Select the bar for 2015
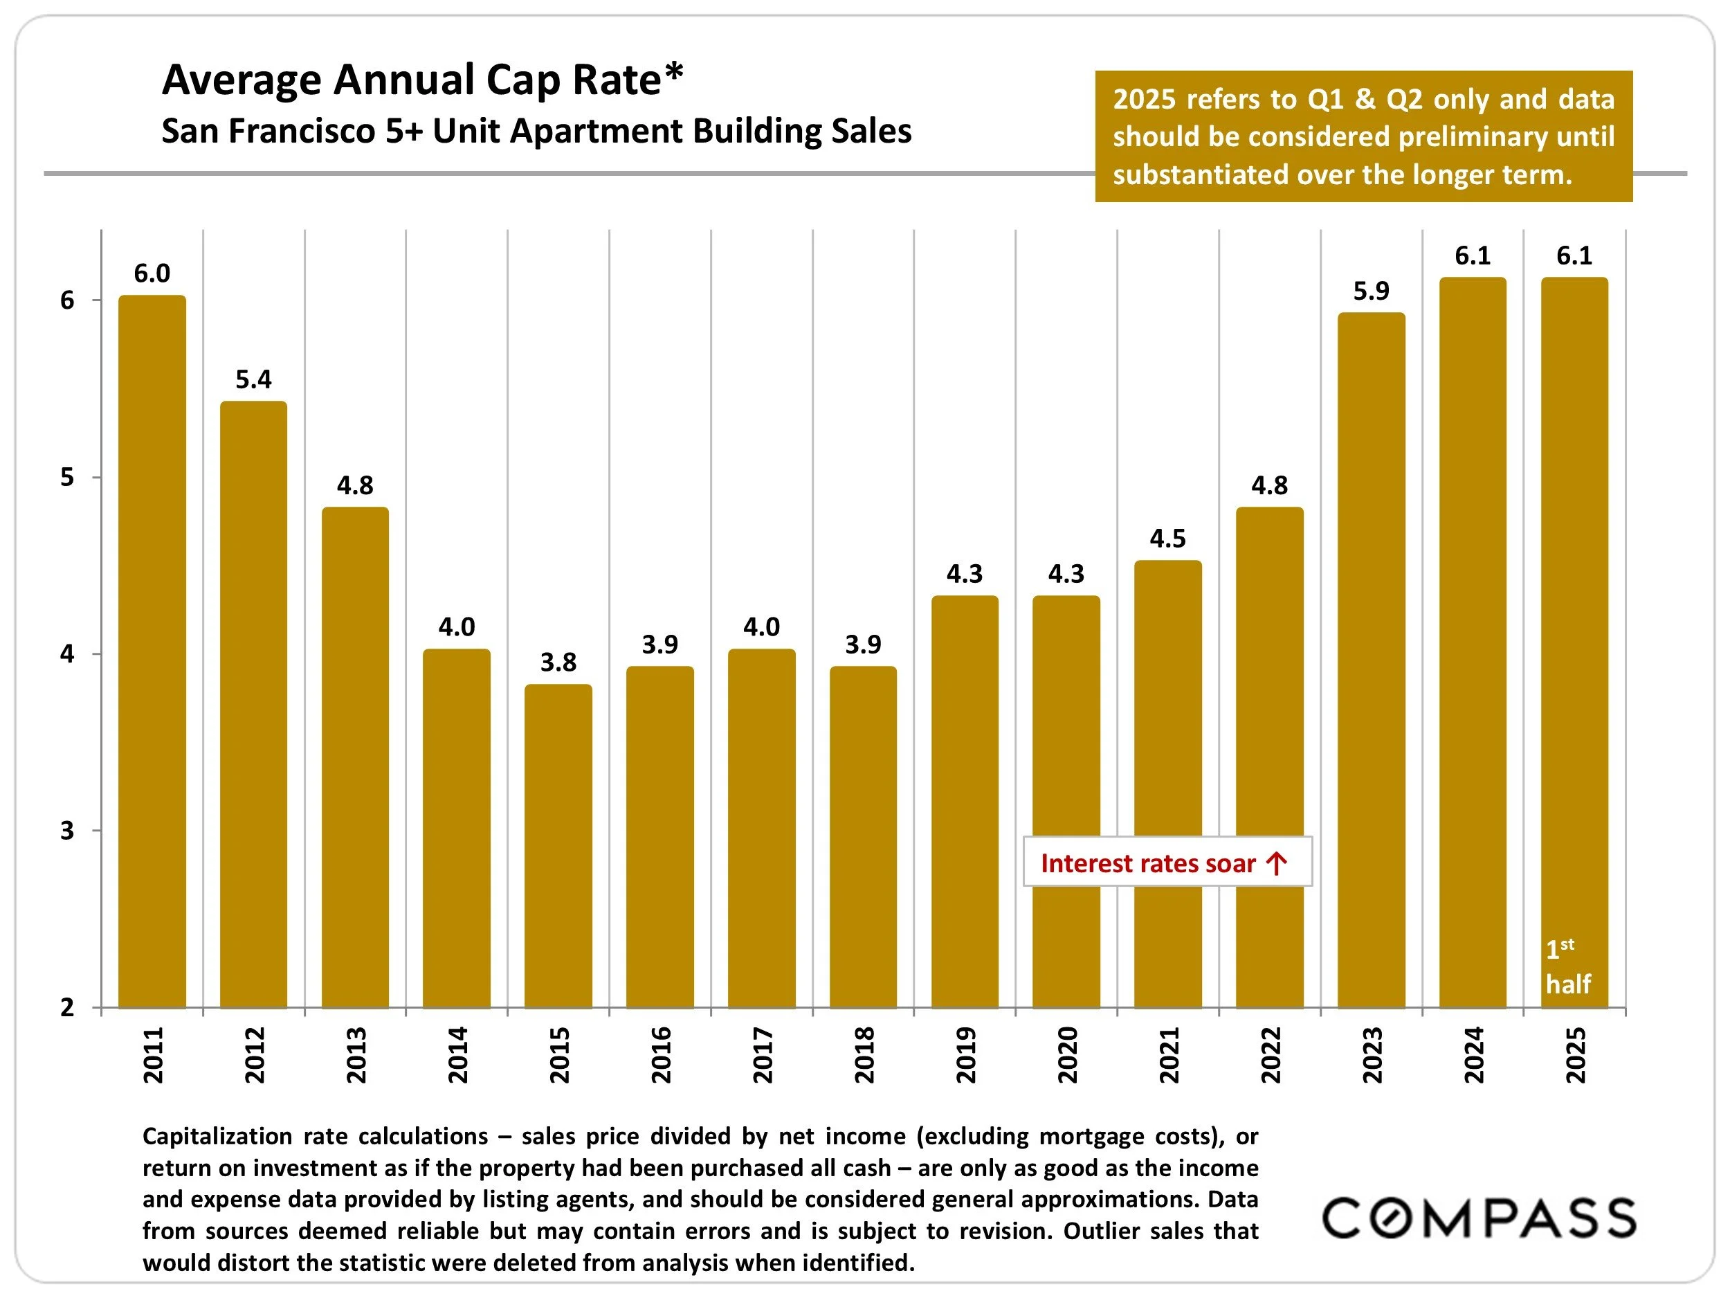pos(558,845)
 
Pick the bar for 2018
pos(863,836)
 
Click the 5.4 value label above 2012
pos(253,379)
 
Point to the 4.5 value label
pos(1167,539)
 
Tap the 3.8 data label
pos(558,662)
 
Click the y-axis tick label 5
pos(67,477)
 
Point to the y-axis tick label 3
pos(67,830)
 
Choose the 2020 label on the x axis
pos(1067,1056)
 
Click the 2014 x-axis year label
pos(457,1056)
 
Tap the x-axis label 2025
pos(1574,1056)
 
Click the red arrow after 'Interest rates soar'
pos(1276,863)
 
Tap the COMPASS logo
pos(1478,1218)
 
